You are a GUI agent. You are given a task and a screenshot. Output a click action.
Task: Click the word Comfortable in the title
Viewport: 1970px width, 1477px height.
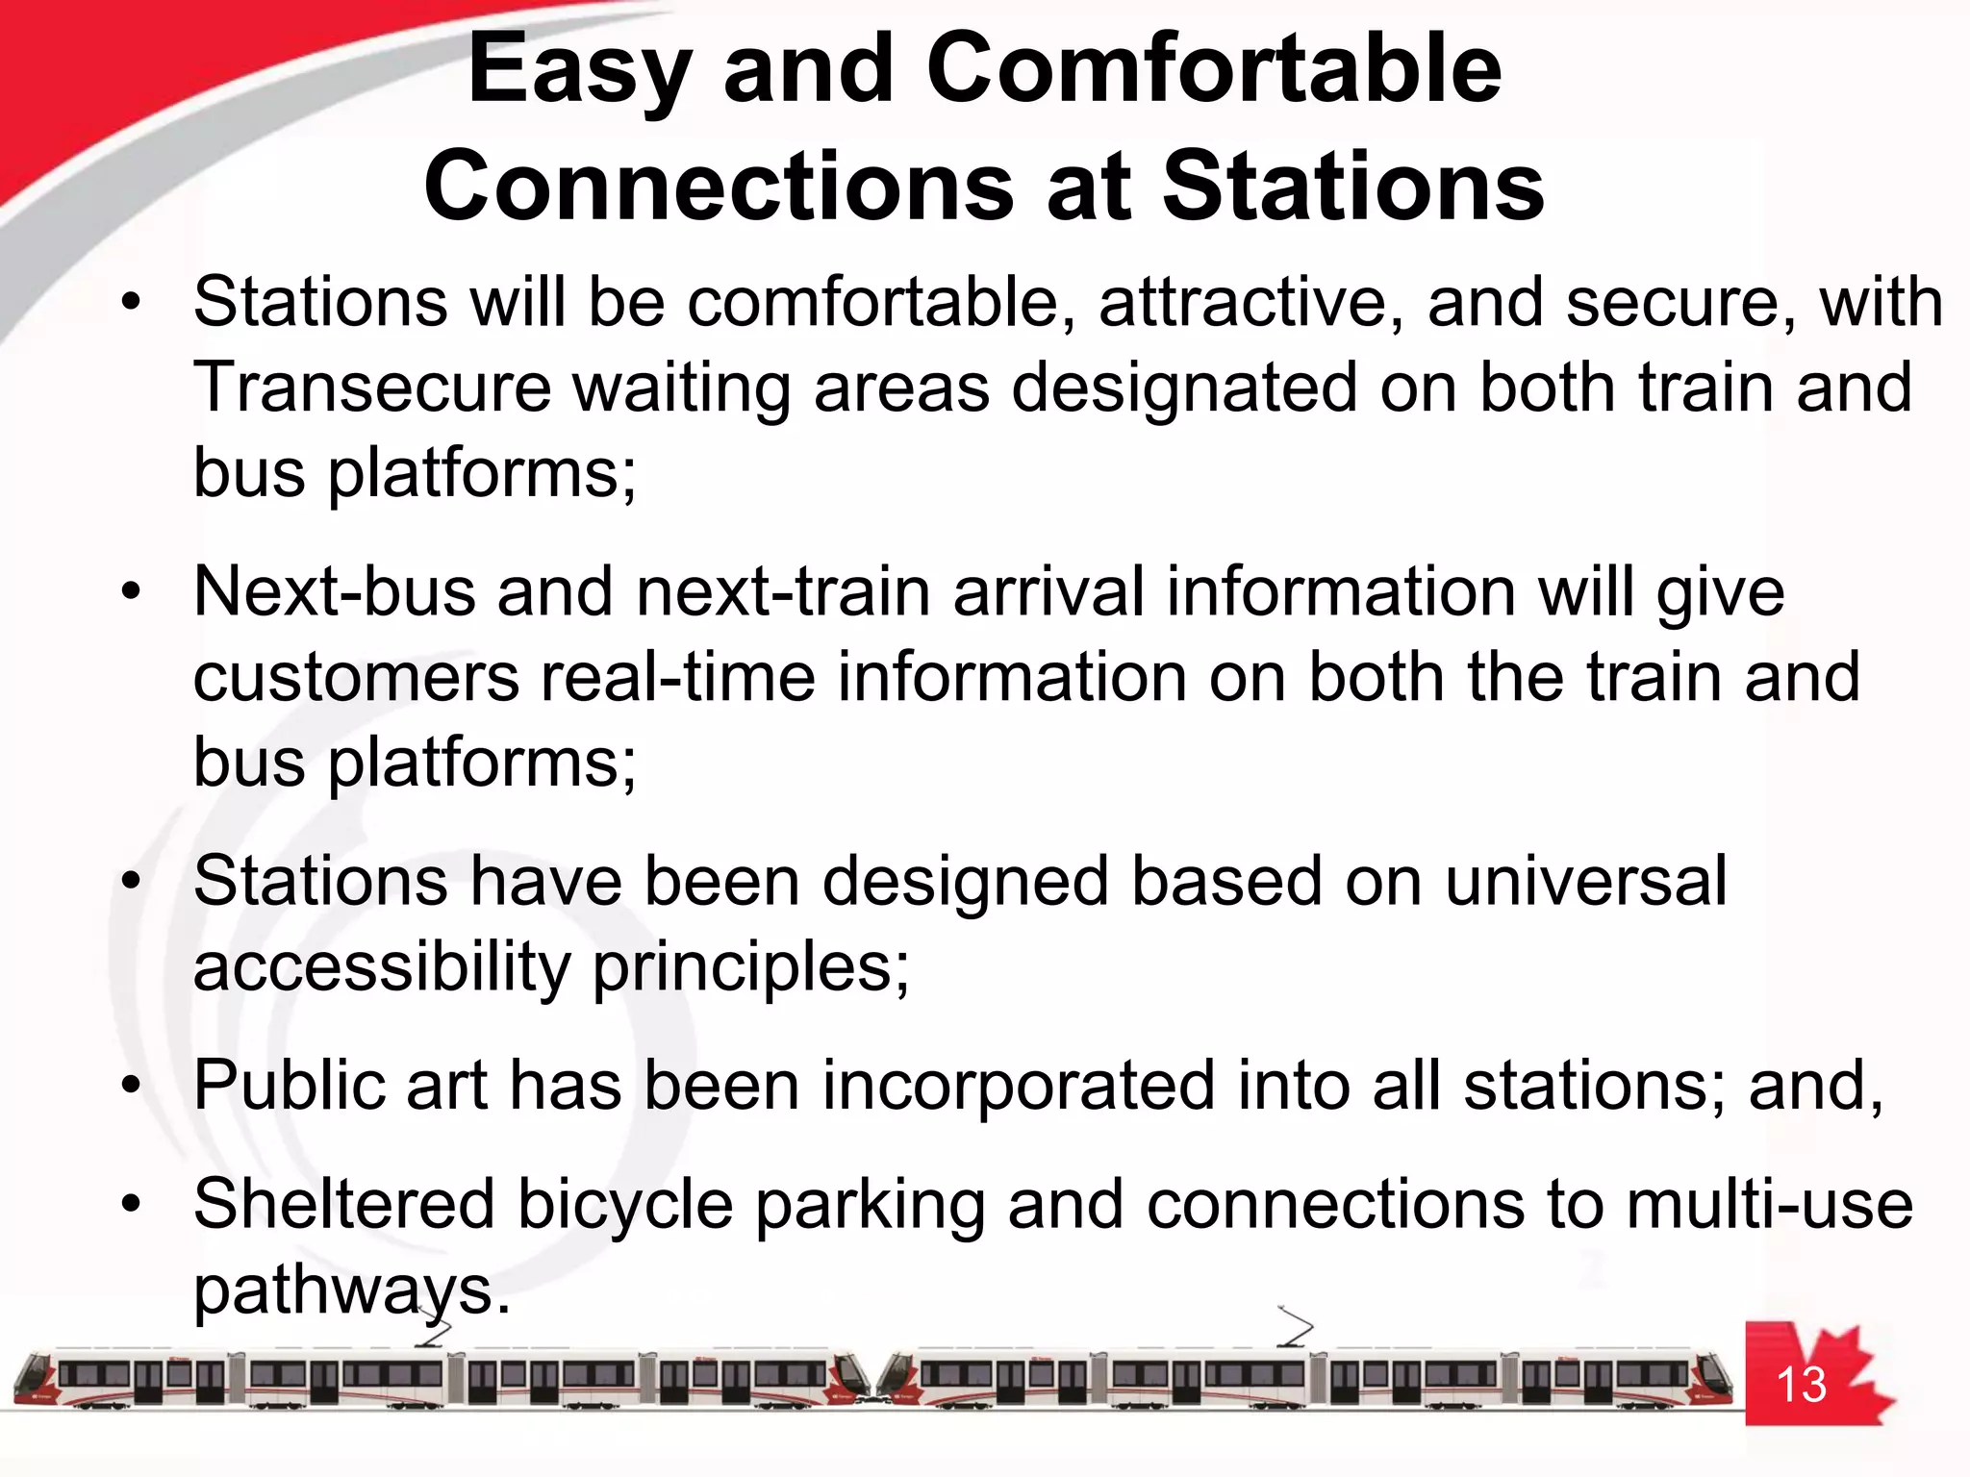click(1213, 69)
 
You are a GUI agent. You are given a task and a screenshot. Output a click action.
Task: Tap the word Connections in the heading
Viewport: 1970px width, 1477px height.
click(719, 186)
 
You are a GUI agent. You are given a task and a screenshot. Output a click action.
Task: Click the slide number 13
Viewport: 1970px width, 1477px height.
click(1800, 1386)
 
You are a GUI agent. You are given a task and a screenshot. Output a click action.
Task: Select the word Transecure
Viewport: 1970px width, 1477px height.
click(372, 388)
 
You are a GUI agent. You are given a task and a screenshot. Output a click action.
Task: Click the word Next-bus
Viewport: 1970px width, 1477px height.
click(334, 591)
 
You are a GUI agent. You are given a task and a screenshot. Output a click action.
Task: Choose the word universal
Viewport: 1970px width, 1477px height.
click(1585, 881)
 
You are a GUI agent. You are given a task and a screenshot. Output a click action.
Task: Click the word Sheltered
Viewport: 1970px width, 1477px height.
click(343, 1204)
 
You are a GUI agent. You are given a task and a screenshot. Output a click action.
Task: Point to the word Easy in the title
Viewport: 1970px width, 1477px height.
click(577, 69)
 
